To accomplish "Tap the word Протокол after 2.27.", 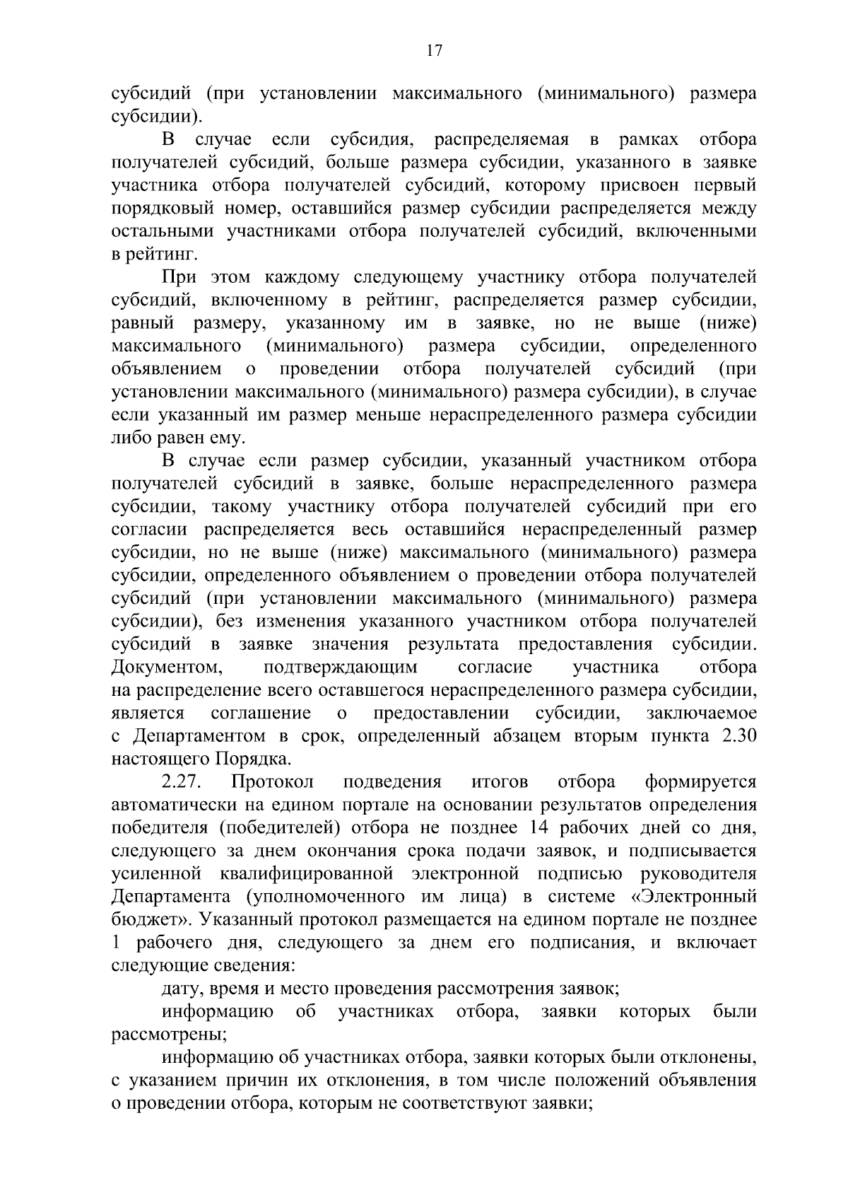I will (272, 783).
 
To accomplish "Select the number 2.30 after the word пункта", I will (738, 736).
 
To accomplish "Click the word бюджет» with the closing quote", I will (150, 921).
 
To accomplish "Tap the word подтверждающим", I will (340, 668).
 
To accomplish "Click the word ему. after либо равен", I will (225, 438).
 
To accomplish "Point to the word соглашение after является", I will (261, 713).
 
